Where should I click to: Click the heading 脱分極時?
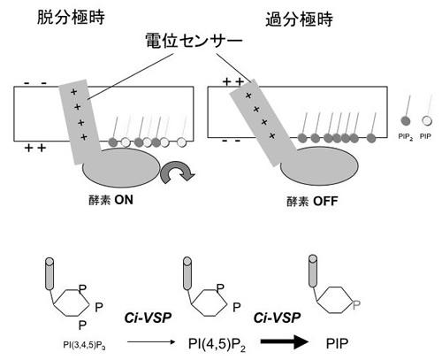click(71, 17)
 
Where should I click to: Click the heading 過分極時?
click(300, 19)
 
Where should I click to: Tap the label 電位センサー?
click(194, 41)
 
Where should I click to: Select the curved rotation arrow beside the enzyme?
click(178, 171)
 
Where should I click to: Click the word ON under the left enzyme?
click(124, 200)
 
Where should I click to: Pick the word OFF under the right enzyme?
click(325, 202)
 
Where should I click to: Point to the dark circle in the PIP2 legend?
click(406, 121)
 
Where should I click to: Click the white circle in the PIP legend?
click(427, 121)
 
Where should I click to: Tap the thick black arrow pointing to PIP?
click(285, 342)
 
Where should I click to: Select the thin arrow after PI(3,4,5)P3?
click(151, 342)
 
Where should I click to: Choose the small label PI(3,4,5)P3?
click(84, 345)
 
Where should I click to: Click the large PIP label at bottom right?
click(337, 343)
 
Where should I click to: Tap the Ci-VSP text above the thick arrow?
click(277, 318)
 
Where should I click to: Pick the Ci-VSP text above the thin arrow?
click(148, 318)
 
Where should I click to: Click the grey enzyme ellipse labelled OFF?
click(319, 166)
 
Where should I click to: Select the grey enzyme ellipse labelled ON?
click(121, 168)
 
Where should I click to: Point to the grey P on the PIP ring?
click(356, 305)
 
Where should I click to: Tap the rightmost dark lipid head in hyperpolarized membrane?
click(371, 138)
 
